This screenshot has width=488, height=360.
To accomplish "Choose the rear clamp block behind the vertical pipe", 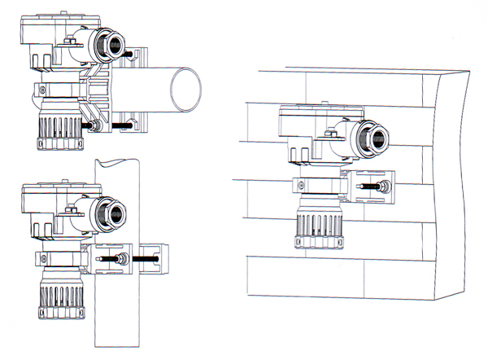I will [x=159, y=258].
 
